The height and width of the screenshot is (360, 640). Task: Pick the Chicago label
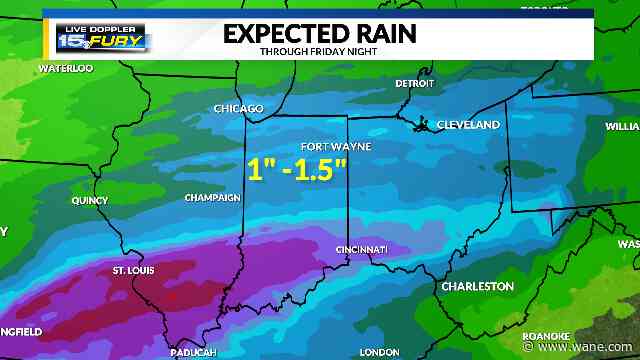(x=238, y=108)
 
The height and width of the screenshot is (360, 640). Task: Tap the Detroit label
(x=415, y=84)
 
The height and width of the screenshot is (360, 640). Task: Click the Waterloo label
(x=65, y=69)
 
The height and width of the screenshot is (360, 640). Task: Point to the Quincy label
(x=89, y=200)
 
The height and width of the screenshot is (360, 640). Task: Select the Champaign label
(x=212, y=198)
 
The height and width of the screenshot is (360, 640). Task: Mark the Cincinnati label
(x=361, y=249)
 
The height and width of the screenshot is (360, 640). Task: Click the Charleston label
(x=478, y=287)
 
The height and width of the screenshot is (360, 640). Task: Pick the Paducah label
(x=194, y=352)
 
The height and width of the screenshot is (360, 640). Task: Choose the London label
(x=378, y=352)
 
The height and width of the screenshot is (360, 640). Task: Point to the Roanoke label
(x=546, y=336)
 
